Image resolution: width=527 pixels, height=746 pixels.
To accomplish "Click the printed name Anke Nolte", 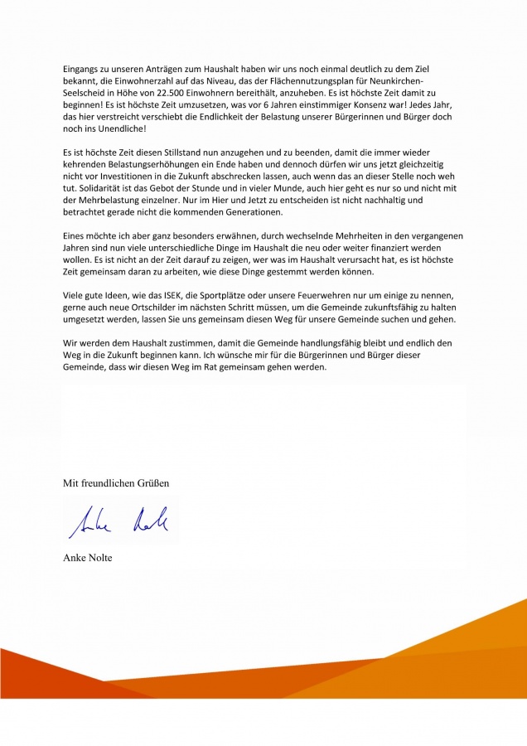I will coord(88,558).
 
